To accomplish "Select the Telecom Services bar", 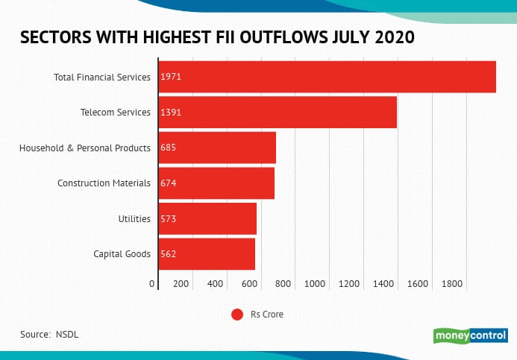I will [278, 112].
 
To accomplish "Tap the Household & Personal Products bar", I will [217, 148].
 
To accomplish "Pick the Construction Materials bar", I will [216, 183].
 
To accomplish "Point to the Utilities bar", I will [207, 218].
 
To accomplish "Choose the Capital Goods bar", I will [207, 253].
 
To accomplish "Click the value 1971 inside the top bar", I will [171, 77].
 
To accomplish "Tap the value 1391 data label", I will [171, 112].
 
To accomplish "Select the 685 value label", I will [168, 148].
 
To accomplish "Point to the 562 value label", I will [168, 253].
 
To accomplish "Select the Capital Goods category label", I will [122, 253].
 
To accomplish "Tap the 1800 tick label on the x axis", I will [452, 284].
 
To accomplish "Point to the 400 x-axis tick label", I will [216, 284].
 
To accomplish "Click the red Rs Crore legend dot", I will [237, 315].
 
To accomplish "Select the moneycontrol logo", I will [471, 335].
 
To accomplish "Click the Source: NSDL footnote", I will [49, 334].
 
